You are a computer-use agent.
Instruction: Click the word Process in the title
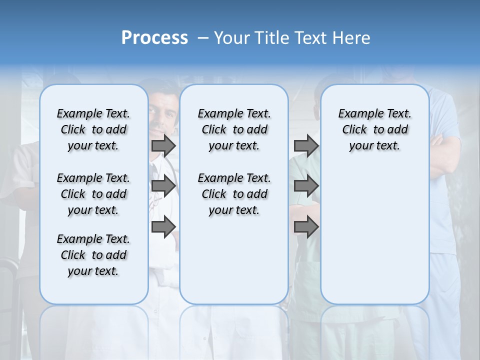tap(154, 38)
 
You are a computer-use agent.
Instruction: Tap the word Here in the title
tap(352, 38)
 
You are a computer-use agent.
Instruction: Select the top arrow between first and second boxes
tap(163, 145)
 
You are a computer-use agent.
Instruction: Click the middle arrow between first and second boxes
tap(163, 186)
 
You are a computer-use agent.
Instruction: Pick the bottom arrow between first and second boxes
tap(163, 227)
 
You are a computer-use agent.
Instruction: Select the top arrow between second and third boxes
tap(306, 145)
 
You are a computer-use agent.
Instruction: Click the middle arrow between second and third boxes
tap(306, 186)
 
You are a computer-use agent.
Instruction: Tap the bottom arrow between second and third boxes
tap(306, 227)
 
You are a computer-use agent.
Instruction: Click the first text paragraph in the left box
tap(93, 129)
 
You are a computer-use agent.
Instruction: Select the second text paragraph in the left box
tap(93, 194)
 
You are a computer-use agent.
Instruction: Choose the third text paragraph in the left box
tap(93, 255)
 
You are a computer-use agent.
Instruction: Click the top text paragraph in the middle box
tap(234, 129)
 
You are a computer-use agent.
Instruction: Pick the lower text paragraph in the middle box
tap(234, 194)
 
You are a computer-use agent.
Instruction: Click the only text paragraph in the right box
tap(374, 129)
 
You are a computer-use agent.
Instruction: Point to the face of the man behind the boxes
tap(163, 112)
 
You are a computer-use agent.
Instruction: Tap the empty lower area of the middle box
tap(234, 260)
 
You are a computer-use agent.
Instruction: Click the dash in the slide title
tap(203, 38)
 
